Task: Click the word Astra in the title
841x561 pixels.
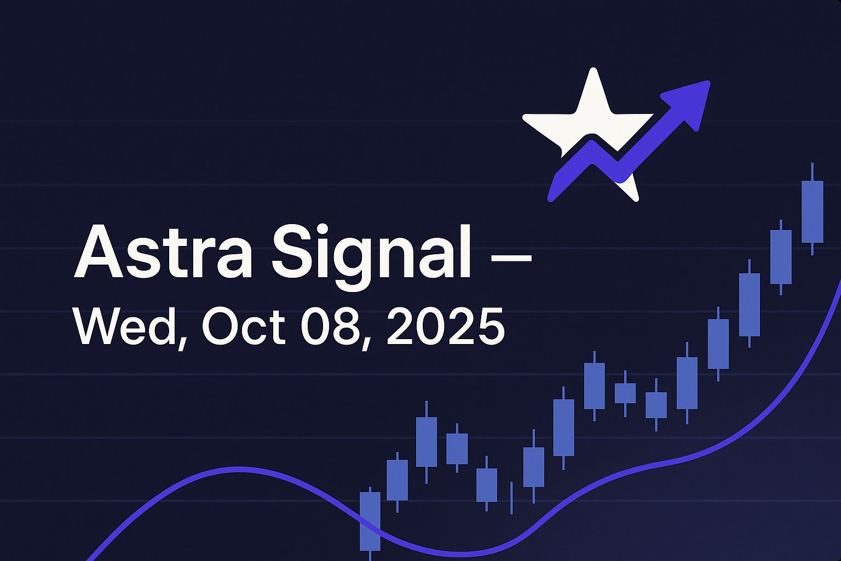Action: pyautogui.click(x=163, y=252)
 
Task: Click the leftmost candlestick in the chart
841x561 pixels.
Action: pyautogui.click(x=370, y=522)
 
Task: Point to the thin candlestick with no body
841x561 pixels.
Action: pyautogui.click(x=511, y=498)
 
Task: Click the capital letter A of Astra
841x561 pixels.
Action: pyautogui.click(x=99, y=252)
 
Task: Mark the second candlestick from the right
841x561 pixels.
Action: pyautogui.click(x=781, y=256)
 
